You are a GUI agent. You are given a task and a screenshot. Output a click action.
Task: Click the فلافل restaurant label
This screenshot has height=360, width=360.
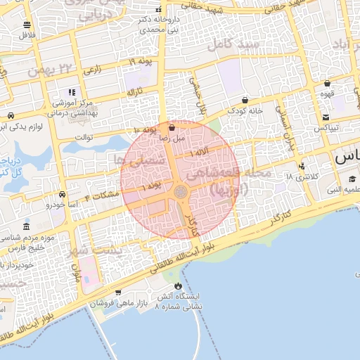[x=28, y=34]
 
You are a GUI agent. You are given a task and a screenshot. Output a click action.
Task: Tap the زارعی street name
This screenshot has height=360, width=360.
[x=92, y=70]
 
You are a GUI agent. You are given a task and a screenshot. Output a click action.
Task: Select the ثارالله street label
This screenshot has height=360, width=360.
[x=134, y=92]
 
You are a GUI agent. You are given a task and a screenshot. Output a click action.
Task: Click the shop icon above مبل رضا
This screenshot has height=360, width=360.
[x=173, y=129]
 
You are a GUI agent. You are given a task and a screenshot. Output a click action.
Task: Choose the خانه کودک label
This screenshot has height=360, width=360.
[x=245, y=111]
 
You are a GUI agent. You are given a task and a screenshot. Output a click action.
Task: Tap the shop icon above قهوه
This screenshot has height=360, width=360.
[x=326, y=83]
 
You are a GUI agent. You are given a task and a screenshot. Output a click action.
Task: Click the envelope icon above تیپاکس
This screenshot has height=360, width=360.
[x=326, y=117]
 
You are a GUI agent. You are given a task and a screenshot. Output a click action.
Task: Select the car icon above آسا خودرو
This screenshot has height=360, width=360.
[x=62, y=194]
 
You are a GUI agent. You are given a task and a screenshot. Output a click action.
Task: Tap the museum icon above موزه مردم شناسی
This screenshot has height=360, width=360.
[x=27, y=227]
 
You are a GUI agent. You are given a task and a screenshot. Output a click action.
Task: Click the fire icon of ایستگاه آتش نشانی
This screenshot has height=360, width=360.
[x=177, y=286]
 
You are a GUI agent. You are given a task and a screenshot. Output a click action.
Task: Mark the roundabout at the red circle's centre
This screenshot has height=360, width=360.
[x=180, y=191]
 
